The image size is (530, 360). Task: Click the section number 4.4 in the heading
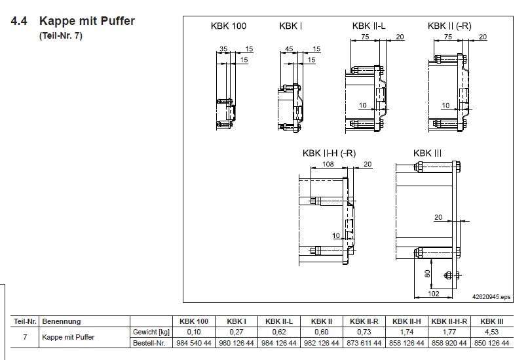[19, 21]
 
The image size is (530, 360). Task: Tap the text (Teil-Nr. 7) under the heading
[61, 36]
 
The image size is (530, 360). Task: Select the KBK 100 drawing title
[229, 26]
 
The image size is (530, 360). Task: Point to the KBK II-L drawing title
[369, 26]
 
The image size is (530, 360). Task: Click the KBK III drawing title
[427, 153]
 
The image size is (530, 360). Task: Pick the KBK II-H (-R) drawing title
[330, 153]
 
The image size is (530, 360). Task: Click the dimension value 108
[328, 164]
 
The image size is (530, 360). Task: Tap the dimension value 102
[433, 293]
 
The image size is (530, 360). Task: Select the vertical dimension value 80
[427, 273]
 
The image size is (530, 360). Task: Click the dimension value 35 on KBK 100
[223, 49]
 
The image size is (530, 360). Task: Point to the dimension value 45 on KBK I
[289, 49]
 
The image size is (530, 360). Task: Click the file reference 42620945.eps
[491, 297]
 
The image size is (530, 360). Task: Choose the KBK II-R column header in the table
[364, 321]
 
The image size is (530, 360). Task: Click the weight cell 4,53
[491, 332]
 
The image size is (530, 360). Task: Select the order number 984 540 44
[194, 343]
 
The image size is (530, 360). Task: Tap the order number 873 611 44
[364, 343]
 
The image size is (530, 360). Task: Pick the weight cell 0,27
[236, 332]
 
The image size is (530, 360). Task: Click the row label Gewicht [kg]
[151, 332]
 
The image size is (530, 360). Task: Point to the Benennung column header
[62, 321]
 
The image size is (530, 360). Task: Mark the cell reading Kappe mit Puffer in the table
[68, 337]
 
